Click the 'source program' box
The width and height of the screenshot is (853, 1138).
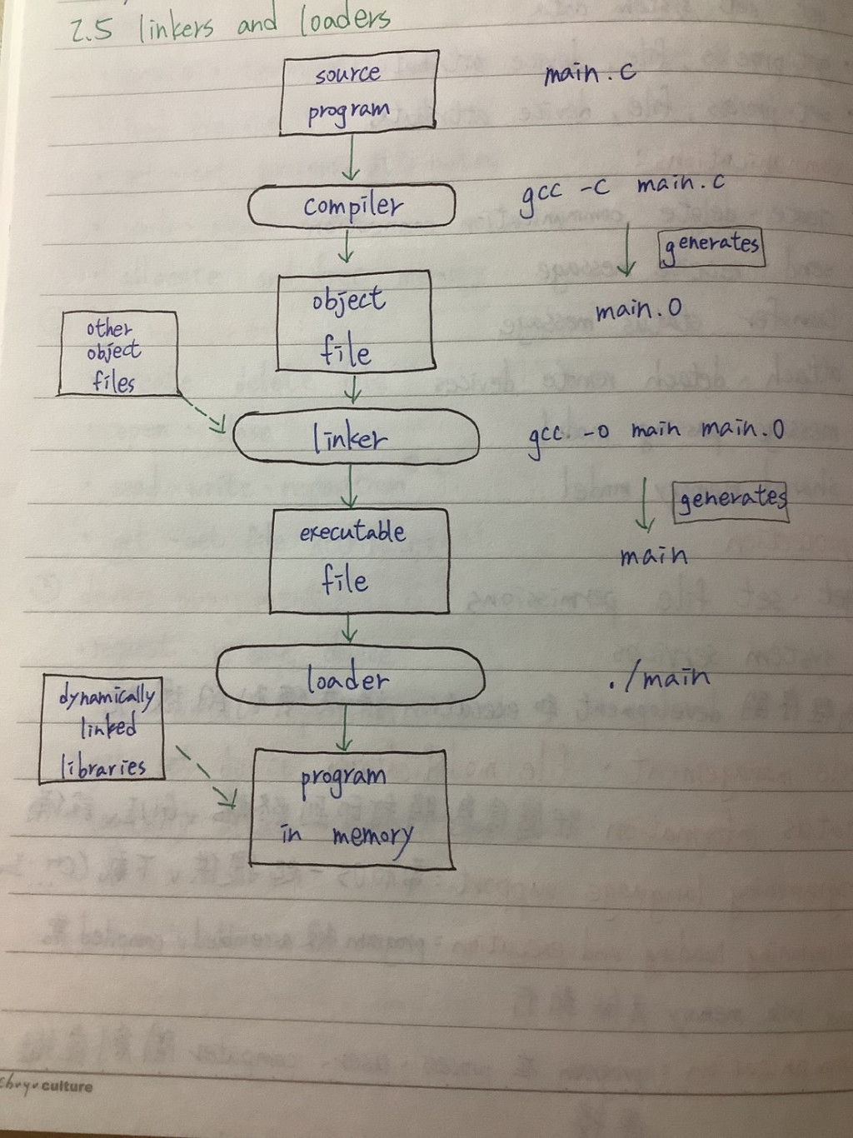pos(358,92)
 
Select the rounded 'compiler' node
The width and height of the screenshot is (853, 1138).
pos(352,206)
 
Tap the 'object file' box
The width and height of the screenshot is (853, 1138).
pos(354,322)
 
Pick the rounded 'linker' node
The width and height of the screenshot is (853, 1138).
pos(356,437)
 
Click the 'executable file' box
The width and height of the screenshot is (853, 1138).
pos(358,561)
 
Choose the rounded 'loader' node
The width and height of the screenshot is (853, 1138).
pos(350,676)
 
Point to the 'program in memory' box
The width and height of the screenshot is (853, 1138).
pos(351,808)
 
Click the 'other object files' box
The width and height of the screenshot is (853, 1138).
pos(117,353)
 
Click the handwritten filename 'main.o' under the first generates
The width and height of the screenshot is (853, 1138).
pos(638,311)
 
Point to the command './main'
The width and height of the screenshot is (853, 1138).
pos(659,679)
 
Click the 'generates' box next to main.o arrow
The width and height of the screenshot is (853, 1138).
pos(711,247)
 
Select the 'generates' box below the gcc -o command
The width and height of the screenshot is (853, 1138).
pos(731,500)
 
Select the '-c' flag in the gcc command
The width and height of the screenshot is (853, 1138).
pos(594,188)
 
